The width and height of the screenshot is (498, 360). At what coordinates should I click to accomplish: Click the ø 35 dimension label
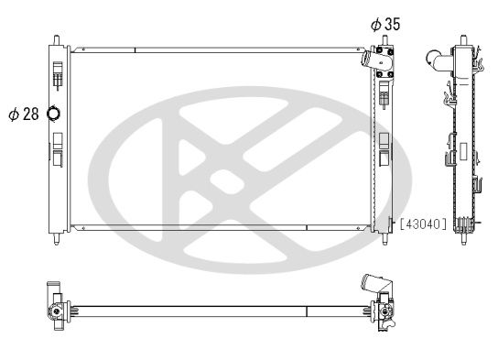384,25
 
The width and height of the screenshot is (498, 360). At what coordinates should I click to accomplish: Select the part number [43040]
424,224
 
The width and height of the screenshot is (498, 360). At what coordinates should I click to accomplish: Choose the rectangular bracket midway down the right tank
384,147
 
